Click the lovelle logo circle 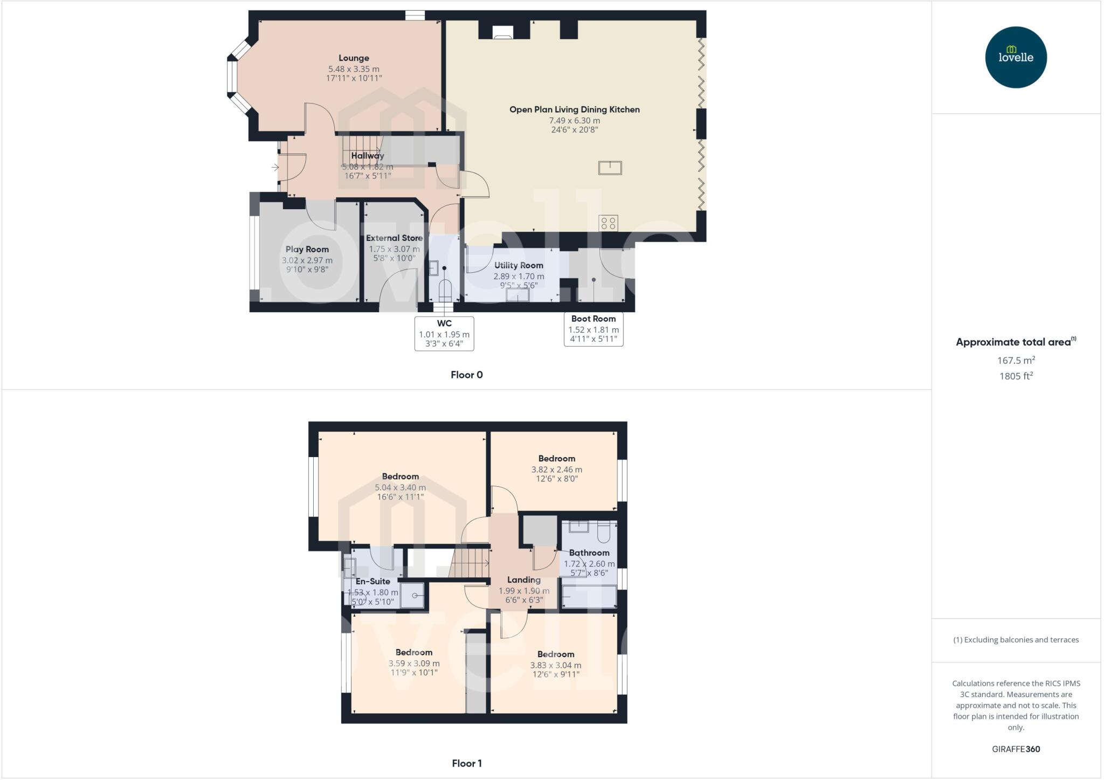pos(1016,57)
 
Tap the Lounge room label pos(354,58)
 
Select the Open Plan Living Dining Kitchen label pos(575,109)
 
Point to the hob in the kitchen pos(609,223)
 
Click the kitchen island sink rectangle pos(610,168)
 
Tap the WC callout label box pos(444,334)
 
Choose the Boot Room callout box pos(594,329)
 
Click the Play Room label pos(307,249)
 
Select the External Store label pos(394,238)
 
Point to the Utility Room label pos(519,265)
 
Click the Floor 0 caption pos(467,375)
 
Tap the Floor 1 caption pos(467,763)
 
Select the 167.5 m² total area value pos(1016,360)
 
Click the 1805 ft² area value pos(1016,376)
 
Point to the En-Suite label pos(372,581)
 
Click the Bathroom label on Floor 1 pos(589,553)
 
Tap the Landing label pos(523,580)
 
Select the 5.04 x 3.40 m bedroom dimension pos(400,487)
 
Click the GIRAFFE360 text pos(1016,749)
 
